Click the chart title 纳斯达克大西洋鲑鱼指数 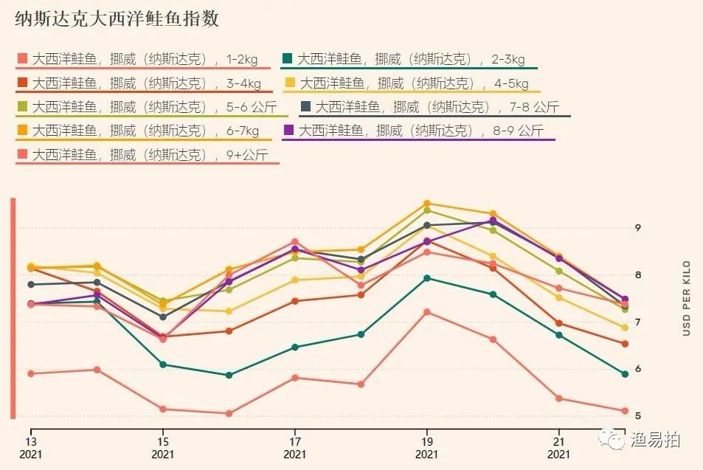point(117,19)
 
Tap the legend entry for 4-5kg point(414,83)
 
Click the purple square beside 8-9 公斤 point(288,131)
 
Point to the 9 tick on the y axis point(637,228)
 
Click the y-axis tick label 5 point(637,415)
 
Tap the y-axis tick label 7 point(637,322)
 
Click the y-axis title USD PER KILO point(686,298)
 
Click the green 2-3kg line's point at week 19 point(426,278)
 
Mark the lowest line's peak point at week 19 point(426,312)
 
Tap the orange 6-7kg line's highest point point(426,204)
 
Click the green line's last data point point(625,374)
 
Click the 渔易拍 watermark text point(655,440)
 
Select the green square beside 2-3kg point(288,59)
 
